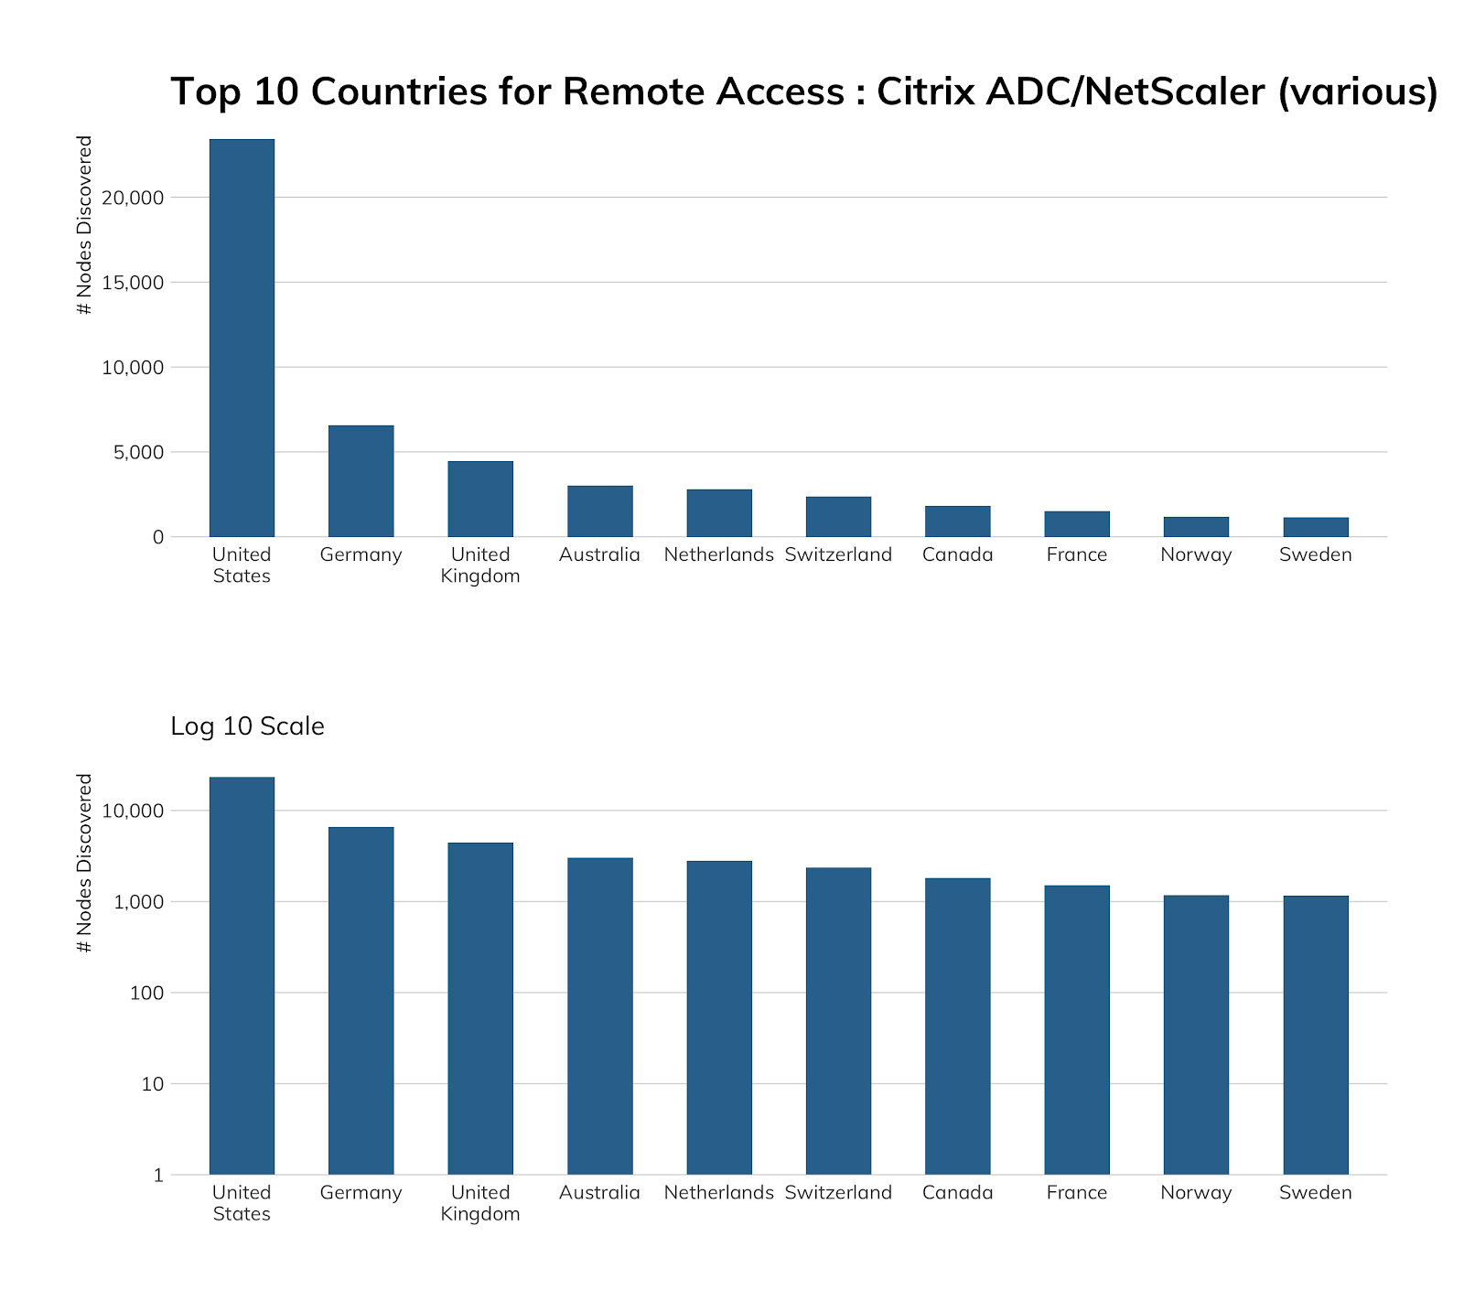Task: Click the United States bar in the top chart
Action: click(x=242, y=339)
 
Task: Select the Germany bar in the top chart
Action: click(x=361, y=481)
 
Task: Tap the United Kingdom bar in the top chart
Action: click(x=480, y=499)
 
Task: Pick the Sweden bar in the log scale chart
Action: click(x=1316, y=1035)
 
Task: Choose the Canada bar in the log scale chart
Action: click(x=958, y=1026)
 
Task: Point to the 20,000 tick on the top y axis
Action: click(x=133, y=198)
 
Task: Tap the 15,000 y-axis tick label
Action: click(x=133, y=283)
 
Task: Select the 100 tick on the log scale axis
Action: click(x=148, y=993)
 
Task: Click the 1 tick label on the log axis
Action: click(x=158, y=1175)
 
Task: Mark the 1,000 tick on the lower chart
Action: click(x=138, y=902)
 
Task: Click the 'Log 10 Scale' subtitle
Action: click(x=247, y=726)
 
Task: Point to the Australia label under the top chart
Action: click(x=599, y=554)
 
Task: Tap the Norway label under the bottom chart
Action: click(x=1196, y=1193)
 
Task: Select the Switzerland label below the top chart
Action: click(x=838, y=554)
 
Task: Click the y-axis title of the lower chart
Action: click(x=85, y=863)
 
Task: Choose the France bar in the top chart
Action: click(x=1077, y=524)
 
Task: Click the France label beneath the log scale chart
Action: click(x=1077, y=1193)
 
